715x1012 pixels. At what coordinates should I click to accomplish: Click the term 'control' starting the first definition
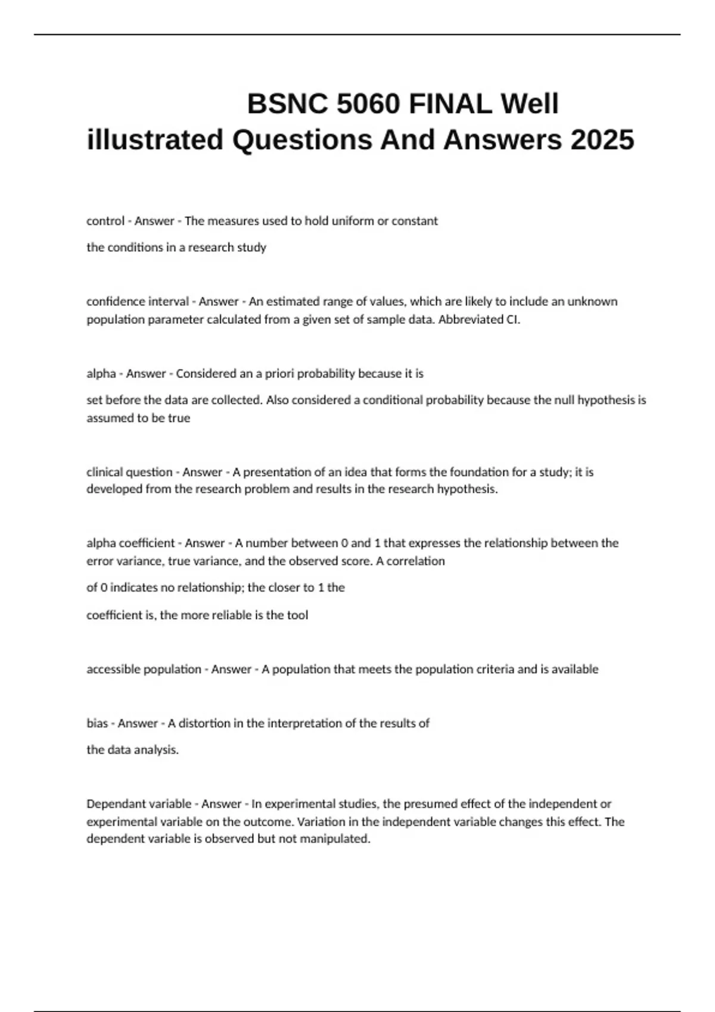tap(105, 221)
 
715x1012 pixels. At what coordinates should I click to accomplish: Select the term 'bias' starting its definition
tap(97, 723)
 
